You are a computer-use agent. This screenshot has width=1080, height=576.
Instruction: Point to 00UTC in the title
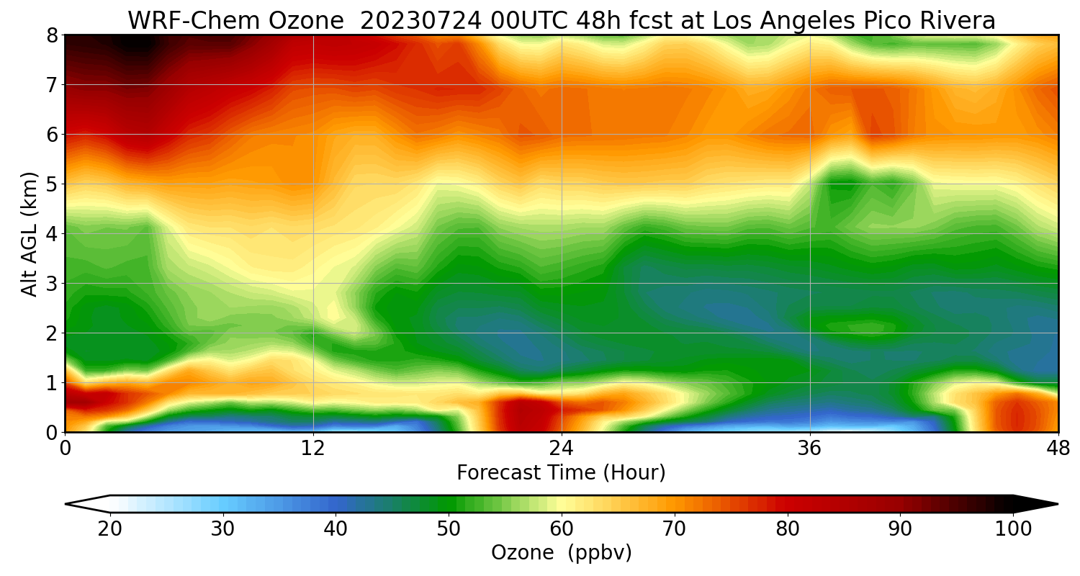pos(526,21)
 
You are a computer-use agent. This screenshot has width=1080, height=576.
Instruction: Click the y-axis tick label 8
pos(52,36)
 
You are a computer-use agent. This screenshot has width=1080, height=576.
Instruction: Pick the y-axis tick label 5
pos(52,184)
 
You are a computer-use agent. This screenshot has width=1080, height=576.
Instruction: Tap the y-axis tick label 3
pos(52,284)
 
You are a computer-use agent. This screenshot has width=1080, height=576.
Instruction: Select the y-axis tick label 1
pos(52,383)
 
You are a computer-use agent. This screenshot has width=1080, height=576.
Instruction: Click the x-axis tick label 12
pos(313,449)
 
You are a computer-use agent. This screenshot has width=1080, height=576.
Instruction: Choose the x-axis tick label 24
pos(562,449)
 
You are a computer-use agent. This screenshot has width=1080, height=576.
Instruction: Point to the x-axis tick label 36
pos(809,449)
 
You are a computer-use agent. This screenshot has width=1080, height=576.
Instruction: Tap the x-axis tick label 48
pos(1058,449)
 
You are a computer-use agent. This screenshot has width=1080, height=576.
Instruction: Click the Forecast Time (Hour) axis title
pos(561,473)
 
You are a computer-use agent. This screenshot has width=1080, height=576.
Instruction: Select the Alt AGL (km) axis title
pos(29,234)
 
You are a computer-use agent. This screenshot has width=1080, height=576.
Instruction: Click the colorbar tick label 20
pos(110,528)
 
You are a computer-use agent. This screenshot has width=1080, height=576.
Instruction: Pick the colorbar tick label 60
pos(561,528)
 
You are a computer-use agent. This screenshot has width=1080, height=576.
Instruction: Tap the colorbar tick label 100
pos(1013,528)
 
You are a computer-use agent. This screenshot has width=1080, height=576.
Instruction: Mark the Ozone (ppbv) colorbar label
pos(561,553)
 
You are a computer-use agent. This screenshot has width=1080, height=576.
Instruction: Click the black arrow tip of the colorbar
pos(1058,504)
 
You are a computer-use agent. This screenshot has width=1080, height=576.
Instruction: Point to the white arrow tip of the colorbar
pos(66,504)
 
